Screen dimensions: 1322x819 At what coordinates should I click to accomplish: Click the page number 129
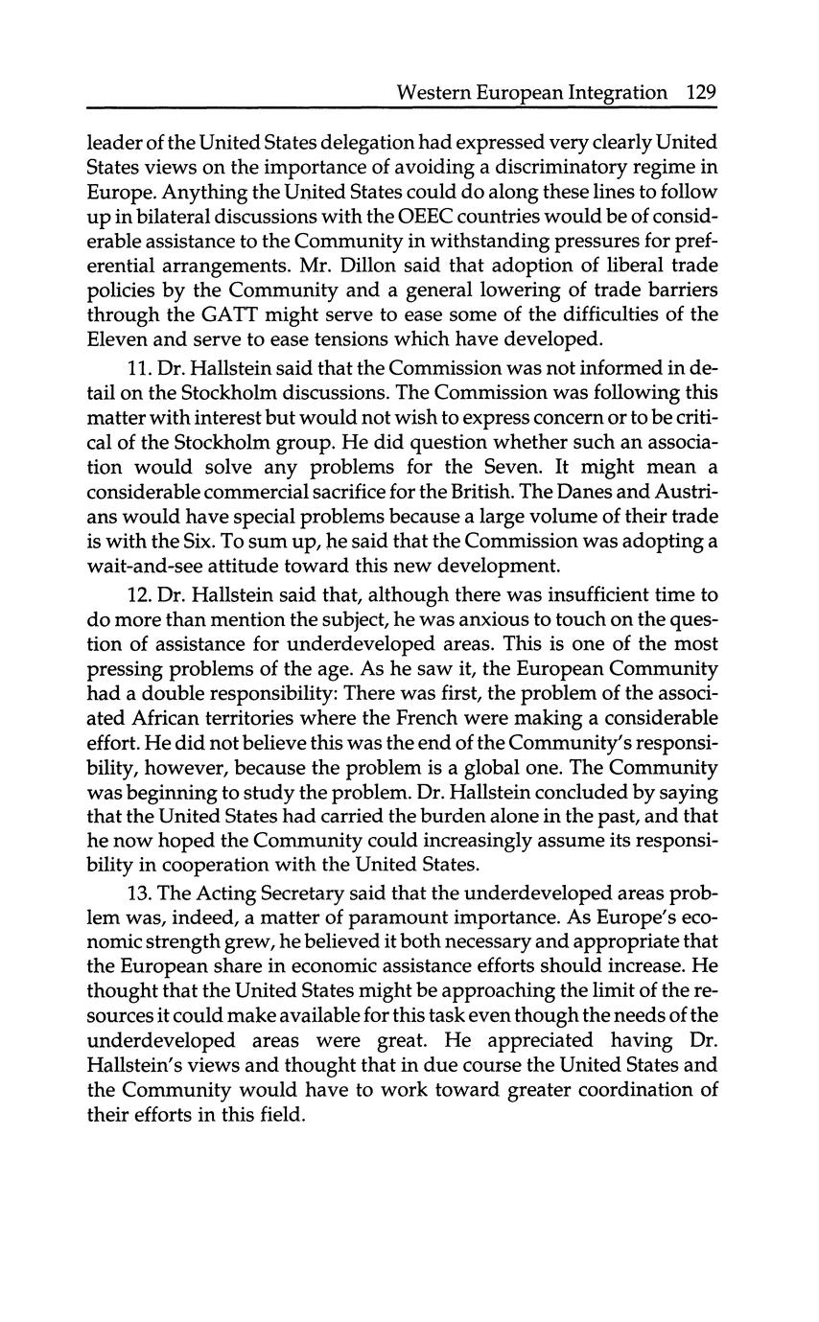(701, 93)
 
